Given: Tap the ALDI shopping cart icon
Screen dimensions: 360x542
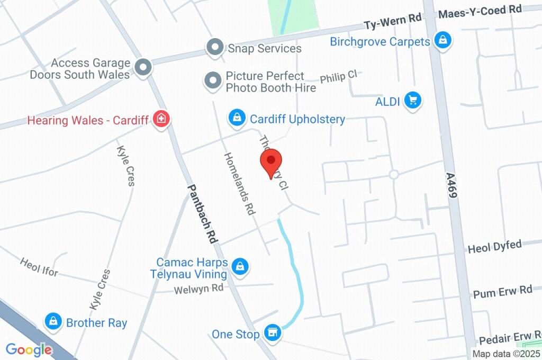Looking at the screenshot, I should [x=413, y=100].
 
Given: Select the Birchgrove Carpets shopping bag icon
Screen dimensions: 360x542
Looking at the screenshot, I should [x=442, y=39].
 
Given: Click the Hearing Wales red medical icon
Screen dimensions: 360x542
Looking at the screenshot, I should [x=160, y=119].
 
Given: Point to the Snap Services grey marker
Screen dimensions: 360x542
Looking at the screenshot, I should [x=214, y=48].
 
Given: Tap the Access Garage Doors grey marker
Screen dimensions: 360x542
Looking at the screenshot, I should [x=142, y=67].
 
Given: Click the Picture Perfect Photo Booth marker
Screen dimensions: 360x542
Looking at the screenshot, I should [x=213, y=80].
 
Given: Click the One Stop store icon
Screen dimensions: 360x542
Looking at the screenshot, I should [x=273, y=333].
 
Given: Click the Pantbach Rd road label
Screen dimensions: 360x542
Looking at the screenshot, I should [x=203, y=213].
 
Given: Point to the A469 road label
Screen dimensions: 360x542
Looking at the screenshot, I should [x=451, y=185].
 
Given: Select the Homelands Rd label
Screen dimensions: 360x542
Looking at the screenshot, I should [x=240, y=183].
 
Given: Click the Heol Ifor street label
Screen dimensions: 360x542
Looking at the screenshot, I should [x=39, y=268].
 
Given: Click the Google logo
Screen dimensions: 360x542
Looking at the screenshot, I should [x=29, y=349].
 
